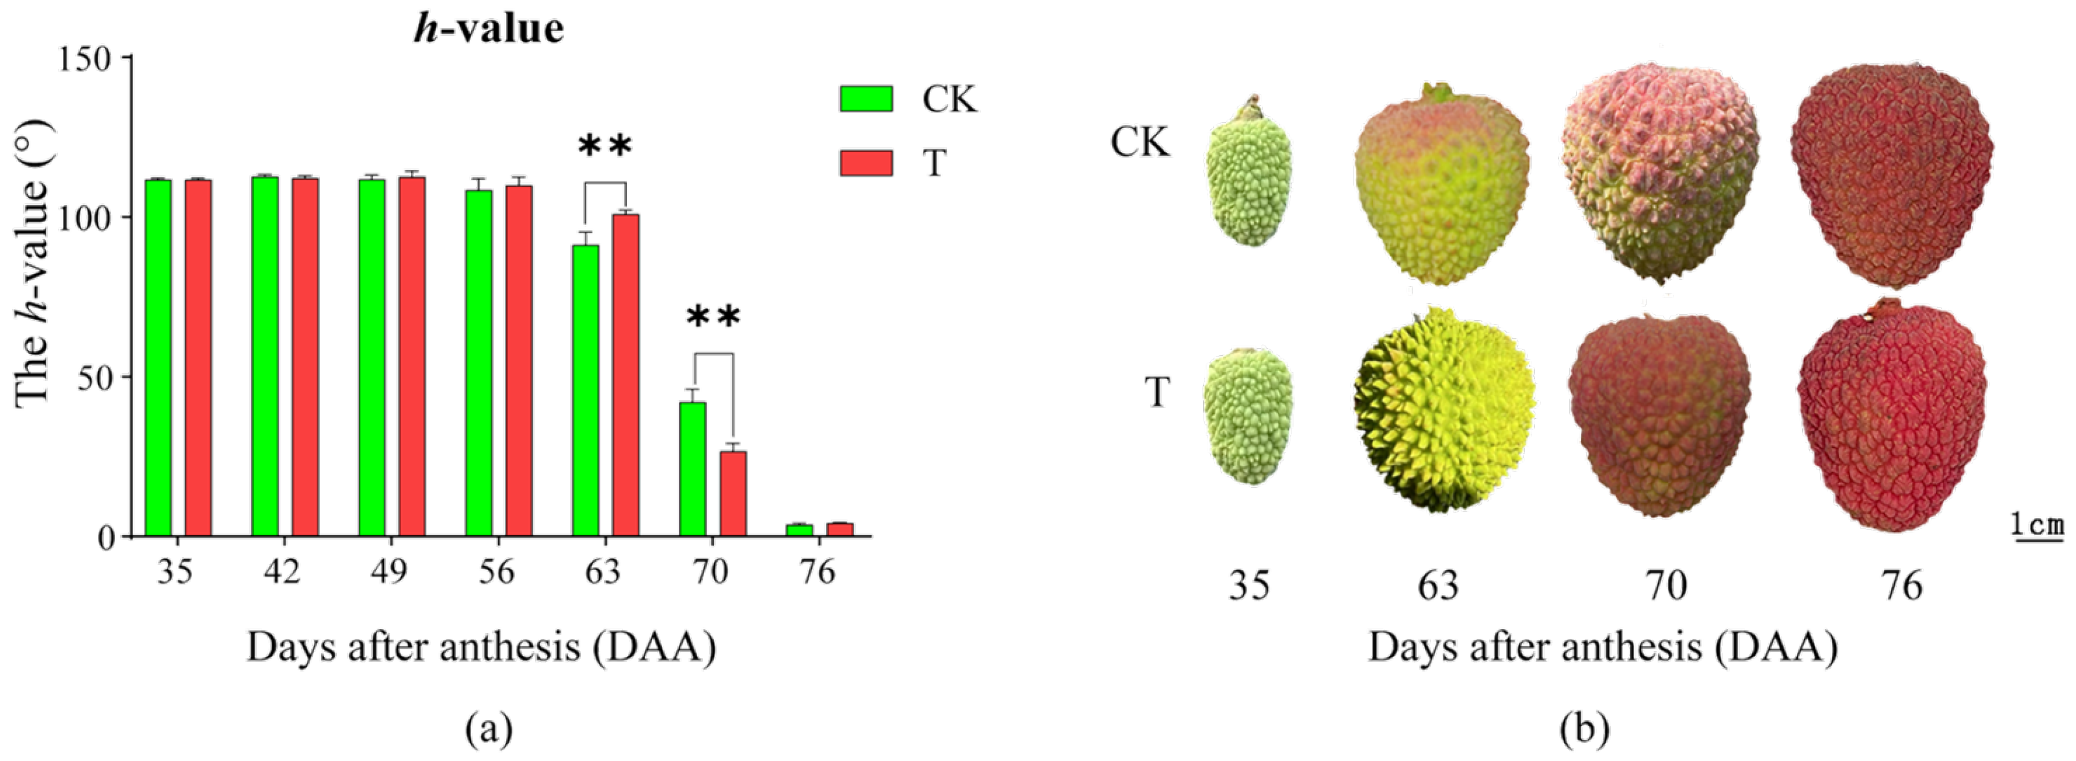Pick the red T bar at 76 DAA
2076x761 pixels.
840,530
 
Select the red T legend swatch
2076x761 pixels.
866,163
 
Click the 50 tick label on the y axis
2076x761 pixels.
96,378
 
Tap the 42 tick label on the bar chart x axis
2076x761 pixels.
282,572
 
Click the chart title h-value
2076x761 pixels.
489,29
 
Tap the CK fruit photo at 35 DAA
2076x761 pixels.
1249,177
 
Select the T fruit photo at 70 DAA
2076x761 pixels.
1660,415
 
